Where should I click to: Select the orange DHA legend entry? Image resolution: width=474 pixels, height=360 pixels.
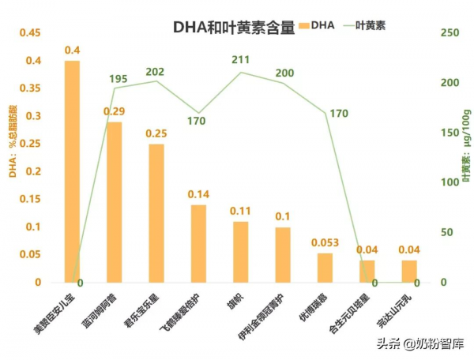(x=317, y=25)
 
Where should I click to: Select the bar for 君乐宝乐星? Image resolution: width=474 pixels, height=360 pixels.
(x=156, y=213)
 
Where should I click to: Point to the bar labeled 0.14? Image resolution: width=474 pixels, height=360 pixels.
(x=198, y=243)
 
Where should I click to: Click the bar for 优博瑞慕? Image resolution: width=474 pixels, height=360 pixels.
(x=325, y=268)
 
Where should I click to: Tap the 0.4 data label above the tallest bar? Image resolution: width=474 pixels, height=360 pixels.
(x=72, y=51)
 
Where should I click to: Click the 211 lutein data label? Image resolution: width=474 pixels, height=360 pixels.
(x=241, y=60)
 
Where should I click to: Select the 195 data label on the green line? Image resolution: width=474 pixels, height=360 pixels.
(x=118, y=79)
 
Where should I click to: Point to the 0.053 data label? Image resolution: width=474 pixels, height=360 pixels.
(x=325, y=242)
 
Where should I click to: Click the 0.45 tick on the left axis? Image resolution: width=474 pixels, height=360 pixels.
(x=30, y=33)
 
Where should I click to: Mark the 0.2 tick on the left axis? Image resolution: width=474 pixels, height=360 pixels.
(x=34, y=171)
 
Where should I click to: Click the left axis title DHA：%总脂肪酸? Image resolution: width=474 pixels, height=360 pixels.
(x=13, y=130)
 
